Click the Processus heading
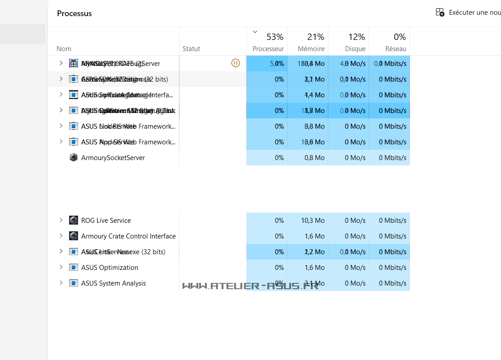pyautogui.click(x=74, y=13)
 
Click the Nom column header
pyautogui.click(x=64, y=49)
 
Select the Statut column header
pyautogui.click(x=191, y=49)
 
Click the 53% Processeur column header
pyautogui.click(x=268, y=42)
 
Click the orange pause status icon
pyautogui.click(x=235, y=63)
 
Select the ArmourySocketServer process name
pyautogui.click(x=113, y=158)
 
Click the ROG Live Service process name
pyautogui.click(x=106, y=221)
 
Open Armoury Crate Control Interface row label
pyautogui.click(x=128, y=236)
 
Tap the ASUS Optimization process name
pyautogui.click(x=109, y=268)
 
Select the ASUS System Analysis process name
pyautogui.click(x=113, y=283)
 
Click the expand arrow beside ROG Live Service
pyautogui.click(x=61, y=220)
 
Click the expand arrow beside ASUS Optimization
pyautogui.click(x=61, y=267)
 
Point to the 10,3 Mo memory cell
pyautogui.click(x=313, y=221)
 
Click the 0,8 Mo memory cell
pyautogui.click(x=314, y=158)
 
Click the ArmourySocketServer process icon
pyautogui.click(x=74, y=158)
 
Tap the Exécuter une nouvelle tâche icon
pyautogui.click(x=440, y=13)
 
